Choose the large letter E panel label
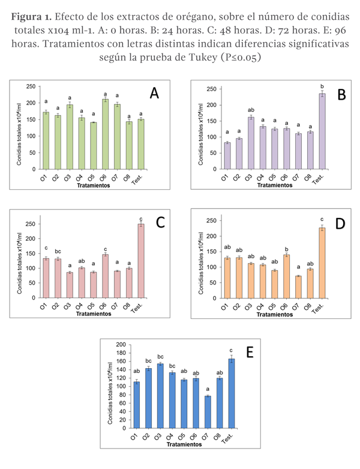pos(250,352)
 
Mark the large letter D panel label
pos(340,223)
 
